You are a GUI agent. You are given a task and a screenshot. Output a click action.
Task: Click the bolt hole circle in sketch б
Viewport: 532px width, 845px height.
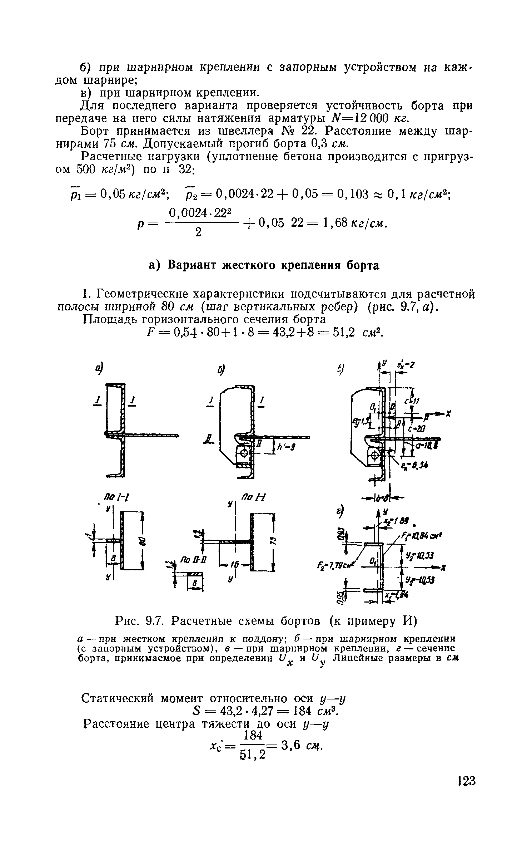pos(244,454)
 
